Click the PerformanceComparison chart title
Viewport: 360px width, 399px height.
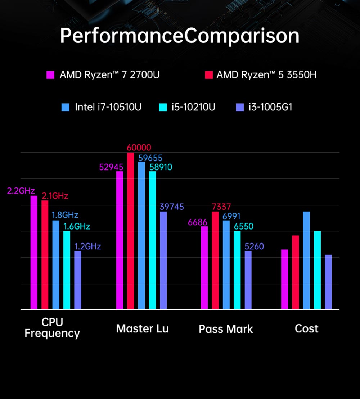tap(180, 36)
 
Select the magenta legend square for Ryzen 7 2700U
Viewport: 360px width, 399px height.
tap(50, 75)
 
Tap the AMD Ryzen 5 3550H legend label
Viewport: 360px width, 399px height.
tap(266, 75)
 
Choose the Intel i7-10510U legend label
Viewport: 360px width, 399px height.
tap(108, 107)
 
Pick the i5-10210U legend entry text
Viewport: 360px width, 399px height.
tap(193, 107)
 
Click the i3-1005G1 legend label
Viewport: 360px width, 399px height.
tap(270, 107)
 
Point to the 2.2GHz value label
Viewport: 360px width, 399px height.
tap(21, 191)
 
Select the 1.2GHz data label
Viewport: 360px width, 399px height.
tap(87, 246)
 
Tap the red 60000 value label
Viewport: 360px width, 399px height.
tap(139, 148)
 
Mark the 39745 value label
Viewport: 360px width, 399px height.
tap(172, 207)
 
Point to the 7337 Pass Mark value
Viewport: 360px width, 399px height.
tap(221, 207)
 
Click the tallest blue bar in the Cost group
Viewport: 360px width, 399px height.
tap(306, 260)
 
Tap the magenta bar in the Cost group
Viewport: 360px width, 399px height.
tap(284, 279)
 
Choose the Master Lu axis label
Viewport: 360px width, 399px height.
tap(142, 328)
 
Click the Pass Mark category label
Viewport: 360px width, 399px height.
tap(226, 329)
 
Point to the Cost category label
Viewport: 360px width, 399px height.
tap(306, 328)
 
